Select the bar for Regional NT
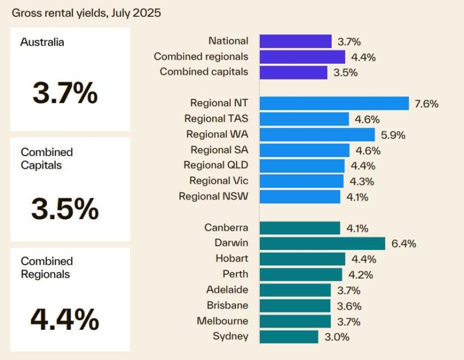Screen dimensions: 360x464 (334, 103)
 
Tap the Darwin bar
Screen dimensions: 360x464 (322, 243)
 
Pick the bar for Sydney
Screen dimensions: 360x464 (289, 337)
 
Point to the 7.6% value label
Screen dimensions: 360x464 (426, 104)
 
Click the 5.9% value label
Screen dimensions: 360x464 (393, 135)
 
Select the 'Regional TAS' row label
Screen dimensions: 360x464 (216, 119)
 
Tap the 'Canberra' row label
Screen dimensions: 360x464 (226, 228)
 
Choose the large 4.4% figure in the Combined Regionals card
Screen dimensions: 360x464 (65, 318)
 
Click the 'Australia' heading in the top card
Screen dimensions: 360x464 (42, 42)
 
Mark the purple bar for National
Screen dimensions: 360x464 (295, 41)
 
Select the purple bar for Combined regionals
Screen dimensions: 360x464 (302, 57)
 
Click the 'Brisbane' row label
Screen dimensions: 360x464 (227, 306)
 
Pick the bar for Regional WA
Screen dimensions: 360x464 (317, 134)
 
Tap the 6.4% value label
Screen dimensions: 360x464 (403, 243)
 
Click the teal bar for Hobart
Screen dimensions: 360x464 (302, 259)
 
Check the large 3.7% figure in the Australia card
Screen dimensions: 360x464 (65, 93)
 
